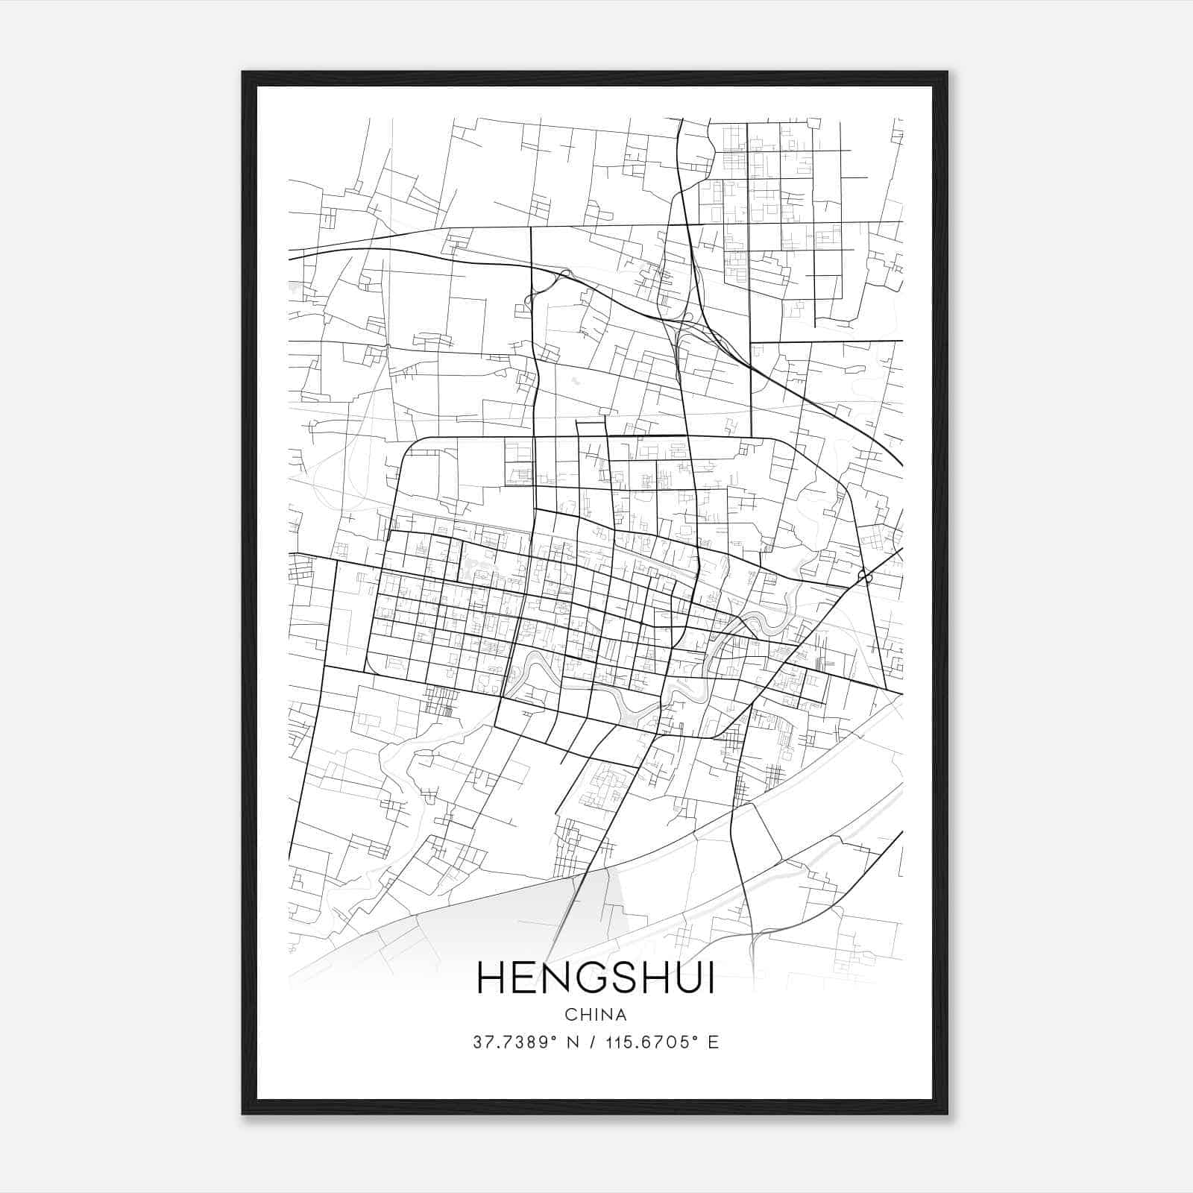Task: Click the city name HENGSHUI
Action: (595, 978)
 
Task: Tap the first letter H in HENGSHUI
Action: (491, 978)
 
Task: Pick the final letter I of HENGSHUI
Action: (710, 978)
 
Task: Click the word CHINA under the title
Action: (595, 1015)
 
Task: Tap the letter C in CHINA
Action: (570, 1015)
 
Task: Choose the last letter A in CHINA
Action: (620, 1015)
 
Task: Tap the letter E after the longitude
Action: (714, 1042)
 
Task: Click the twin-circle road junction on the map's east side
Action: (864, 576)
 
